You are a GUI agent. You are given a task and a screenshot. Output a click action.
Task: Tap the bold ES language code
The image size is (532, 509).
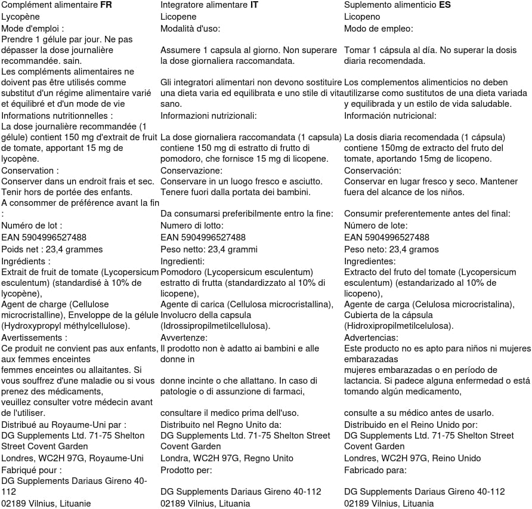tap(445, 6)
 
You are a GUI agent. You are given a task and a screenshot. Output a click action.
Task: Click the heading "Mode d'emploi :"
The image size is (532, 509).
tap(33, 28)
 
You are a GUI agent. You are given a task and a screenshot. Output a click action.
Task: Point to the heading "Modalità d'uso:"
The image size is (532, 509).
tap(191, 28)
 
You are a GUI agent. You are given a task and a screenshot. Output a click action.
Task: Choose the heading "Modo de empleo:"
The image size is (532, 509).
tap(379, 28)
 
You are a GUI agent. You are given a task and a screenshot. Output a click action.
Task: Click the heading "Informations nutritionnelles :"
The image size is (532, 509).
tap(57, 116)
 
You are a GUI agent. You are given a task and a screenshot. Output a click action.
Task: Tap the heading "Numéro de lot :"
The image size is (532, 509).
tap(31, 226)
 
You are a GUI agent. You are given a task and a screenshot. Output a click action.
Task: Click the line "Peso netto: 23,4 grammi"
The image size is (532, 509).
tap(209, 249)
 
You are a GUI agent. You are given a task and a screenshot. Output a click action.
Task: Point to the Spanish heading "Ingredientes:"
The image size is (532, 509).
tap(370, 261)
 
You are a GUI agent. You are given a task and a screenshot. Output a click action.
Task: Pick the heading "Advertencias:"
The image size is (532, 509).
tap(371, 337)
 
